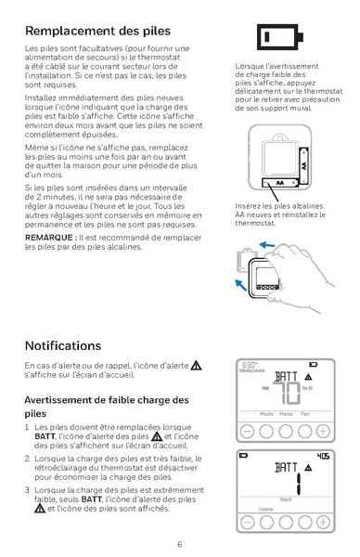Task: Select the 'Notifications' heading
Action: coord(64,345)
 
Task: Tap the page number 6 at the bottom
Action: coord(179,543)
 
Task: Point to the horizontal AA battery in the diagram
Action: coord(273,185)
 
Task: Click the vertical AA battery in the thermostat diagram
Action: coord(302,169)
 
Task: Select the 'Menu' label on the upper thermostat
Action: coord(286,414)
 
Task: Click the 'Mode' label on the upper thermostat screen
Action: coord(265,414)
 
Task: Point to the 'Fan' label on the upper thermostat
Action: coord(306,414)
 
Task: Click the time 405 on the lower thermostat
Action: coord(322,456)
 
